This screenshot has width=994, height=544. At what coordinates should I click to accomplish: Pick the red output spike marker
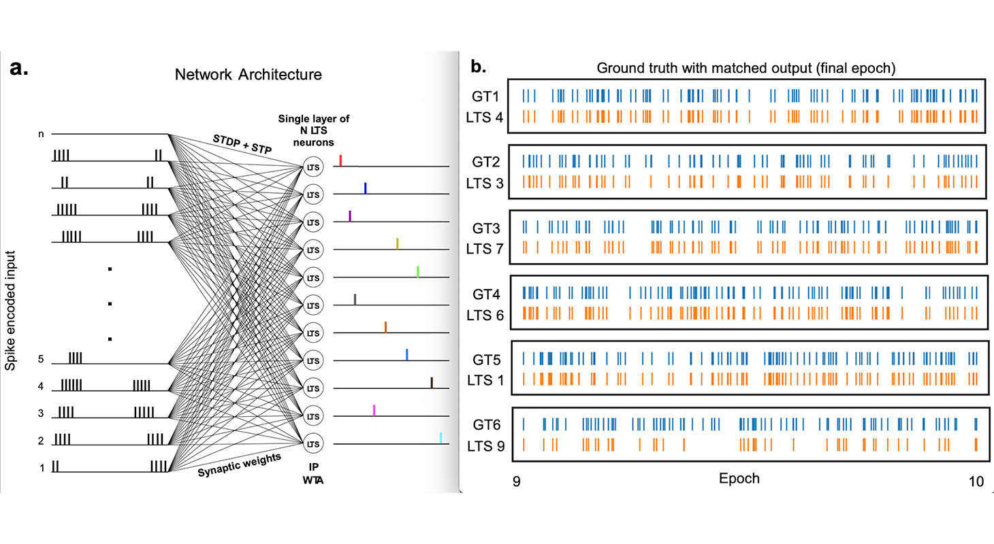340,160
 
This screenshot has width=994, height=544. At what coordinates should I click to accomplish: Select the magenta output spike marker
374,409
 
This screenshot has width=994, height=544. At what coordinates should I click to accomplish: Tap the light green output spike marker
418,271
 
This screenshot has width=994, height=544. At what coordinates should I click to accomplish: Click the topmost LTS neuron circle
312,167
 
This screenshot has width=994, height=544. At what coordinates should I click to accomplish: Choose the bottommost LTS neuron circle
312,444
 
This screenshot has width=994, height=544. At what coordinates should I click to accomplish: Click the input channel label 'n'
40,134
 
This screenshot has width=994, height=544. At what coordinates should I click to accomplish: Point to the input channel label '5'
40,360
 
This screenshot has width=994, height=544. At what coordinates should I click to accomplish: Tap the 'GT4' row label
488,294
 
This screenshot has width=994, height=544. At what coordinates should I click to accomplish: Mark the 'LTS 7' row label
485,248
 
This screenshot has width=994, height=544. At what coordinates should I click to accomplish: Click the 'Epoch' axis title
739,479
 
